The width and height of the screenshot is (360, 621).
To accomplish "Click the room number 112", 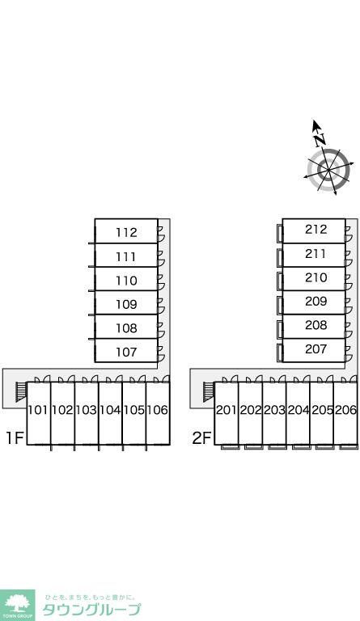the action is (126, 233).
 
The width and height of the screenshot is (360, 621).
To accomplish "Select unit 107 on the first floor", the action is (126, 352).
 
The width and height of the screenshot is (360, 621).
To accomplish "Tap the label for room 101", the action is (38, 410).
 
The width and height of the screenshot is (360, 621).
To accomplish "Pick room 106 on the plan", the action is (158, 410).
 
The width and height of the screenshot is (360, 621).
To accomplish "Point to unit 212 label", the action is (316, 230).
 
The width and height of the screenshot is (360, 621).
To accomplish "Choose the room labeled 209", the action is (316, 302).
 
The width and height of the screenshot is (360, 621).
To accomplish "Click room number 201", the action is (227, 410).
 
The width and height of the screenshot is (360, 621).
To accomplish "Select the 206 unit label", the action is (345, 410).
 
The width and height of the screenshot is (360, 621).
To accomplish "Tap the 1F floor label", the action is (15, 438).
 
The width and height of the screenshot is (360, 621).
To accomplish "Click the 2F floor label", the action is (201, 438).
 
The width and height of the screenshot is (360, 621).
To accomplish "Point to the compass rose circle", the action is (328, 171).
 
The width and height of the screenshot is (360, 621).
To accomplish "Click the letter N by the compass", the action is (320, 140).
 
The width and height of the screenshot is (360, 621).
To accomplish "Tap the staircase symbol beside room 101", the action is (20, 391).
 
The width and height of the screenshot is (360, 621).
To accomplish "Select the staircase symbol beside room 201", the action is (209, 391).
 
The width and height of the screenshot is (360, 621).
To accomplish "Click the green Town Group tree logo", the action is (18, 606).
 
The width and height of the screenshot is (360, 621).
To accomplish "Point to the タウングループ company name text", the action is (91, 610).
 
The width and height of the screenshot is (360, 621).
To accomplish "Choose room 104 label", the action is (110, 410).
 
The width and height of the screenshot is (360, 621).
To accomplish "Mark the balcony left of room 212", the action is (280, 233).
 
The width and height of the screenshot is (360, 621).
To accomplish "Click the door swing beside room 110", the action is (161, 281).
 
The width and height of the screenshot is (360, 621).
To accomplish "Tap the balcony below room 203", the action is (277, 447).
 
